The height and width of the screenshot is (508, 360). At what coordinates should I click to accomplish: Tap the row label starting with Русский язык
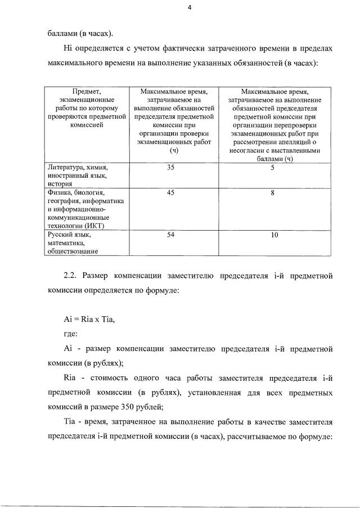pyautogui.click(x=74, y=242)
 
